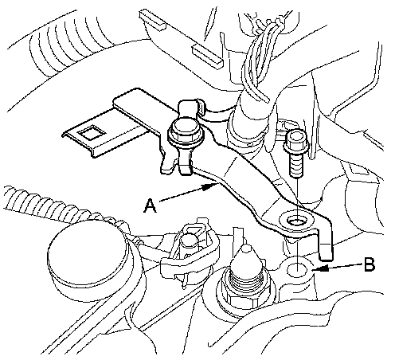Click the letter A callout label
tap(150, 206)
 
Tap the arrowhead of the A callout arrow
tap(212, 186)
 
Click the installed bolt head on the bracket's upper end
tap(185, 131)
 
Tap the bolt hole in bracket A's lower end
tap(295, 221)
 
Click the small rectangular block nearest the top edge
tap(152, 19)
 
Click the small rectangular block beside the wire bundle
tap(208, 56)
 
